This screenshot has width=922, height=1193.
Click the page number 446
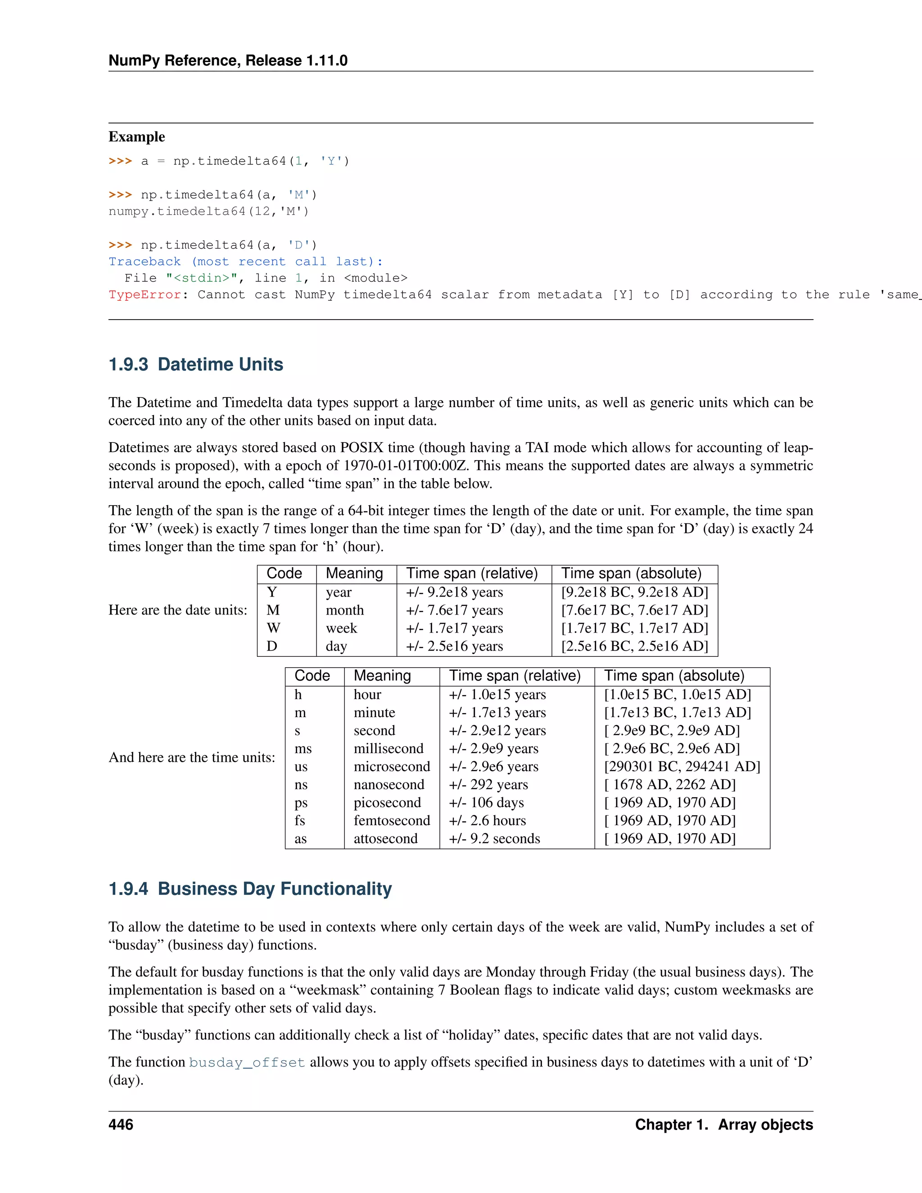coord(121,1124)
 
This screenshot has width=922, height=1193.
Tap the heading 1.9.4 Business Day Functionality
coord(250,889)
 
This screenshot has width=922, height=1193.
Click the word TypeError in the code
coord(145,295)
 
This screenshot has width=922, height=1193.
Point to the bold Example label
coord(136,136)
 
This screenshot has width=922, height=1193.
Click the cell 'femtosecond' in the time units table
coord(392,820)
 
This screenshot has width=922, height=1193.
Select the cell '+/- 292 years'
coord(488,784)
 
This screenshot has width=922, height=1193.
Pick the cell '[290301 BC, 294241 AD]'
coord(682,766)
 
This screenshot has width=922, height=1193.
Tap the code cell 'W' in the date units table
coord(274,628)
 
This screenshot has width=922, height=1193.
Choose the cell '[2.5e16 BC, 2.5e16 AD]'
coord(634,646)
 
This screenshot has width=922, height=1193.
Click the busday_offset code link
coord(247,1062)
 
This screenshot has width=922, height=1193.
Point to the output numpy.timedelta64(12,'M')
coord(208,212)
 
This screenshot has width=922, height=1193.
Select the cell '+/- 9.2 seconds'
coord(494,839)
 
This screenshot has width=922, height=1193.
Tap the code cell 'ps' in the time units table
coord(301,802)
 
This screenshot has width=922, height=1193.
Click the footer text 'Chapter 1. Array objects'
coord(724,1124)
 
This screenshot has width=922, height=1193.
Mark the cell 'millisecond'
coord(389,748)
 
